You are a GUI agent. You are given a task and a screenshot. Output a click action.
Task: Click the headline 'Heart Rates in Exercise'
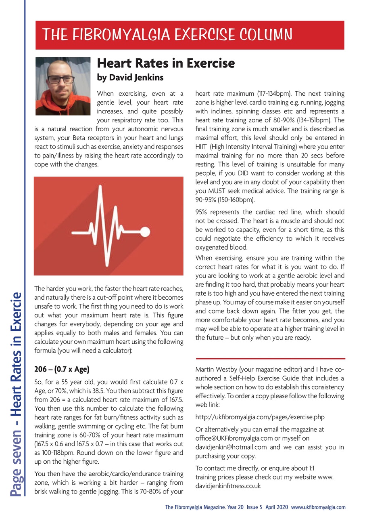166,63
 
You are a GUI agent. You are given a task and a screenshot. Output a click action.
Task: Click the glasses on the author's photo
61,80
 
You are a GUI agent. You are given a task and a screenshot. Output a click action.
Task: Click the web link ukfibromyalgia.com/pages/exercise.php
260,417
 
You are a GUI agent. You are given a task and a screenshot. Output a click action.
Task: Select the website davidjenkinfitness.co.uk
228,486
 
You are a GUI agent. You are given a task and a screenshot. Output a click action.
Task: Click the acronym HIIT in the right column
201,147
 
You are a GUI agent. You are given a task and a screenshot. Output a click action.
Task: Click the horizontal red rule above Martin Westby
270,358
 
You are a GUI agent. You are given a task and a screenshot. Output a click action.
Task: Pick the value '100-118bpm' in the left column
56,452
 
